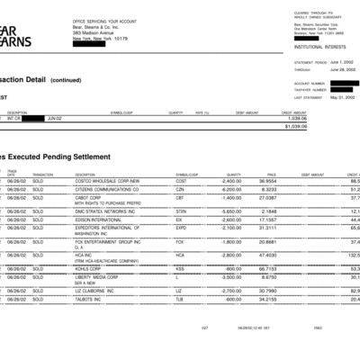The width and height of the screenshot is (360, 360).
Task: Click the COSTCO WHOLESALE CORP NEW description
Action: tap(107, 181)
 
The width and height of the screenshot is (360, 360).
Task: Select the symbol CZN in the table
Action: tap(180, 190)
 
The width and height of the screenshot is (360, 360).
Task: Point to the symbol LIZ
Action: tap(179, 291)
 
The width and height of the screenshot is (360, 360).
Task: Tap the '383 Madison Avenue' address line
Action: tap(92, 34)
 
